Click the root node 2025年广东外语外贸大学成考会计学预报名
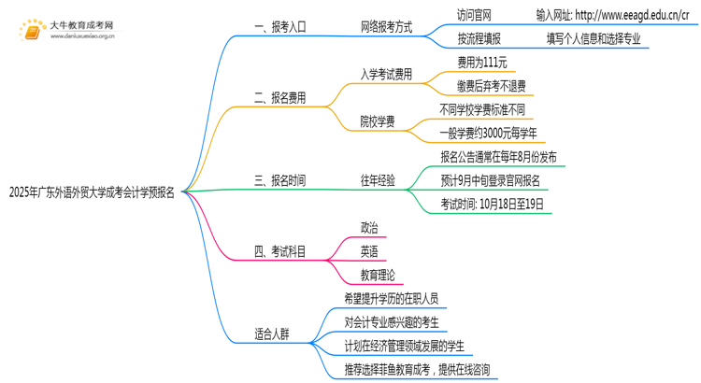pyautogui.click(x=92, y=193)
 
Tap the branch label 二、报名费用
pyautogui.click(x=279, y=97)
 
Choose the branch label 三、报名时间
pyautogui.click(x=279, y=180)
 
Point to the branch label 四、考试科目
pyautogui.click(x=279, y=251)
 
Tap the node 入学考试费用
pyautogui.click(x=386, y=74)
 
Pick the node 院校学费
pyautogui.click(x=378, y=121)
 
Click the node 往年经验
pyautogui.click(x=378, y=180)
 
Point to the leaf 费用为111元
pyautogui.click(x=482, y=63)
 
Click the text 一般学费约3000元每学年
pyautogui.click(x=490, y=133)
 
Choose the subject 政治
pyautogui.click(x=369, y=227)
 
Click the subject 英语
pyautogui.click(x=369, y=251)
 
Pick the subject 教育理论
pyautogui.click(x=378, y=275)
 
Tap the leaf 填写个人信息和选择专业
pyautogui.click(x=594, y=39)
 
